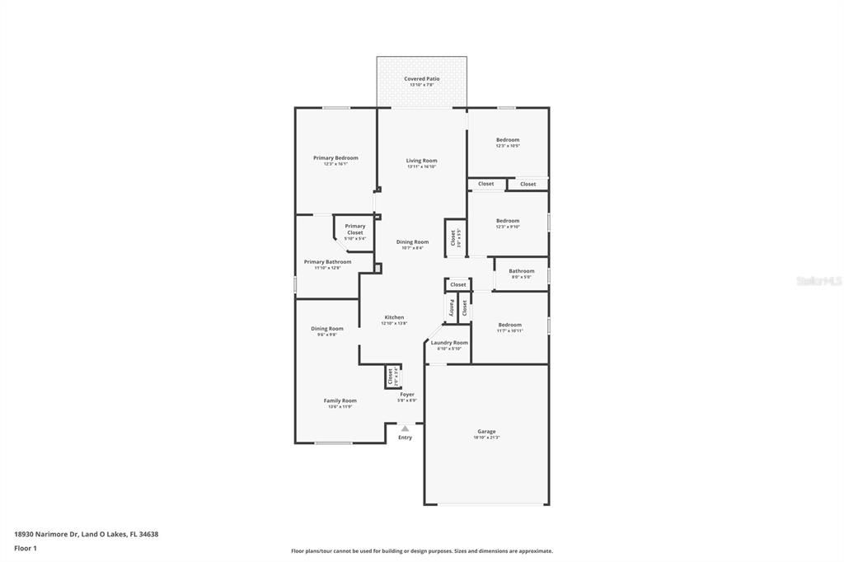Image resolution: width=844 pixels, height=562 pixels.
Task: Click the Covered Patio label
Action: (421, 79)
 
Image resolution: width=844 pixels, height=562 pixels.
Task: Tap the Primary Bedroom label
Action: (335, 158)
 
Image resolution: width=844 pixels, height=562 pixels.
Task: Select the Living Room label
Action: (421, 162)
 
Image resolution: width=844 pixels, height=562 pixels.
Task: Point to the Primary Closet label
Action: (354, 230)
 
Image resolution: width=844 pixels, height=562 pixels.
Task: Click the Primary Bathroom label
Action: (326, 263)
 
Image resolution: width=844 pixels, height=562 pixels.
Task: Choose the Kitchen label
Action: (394, 318)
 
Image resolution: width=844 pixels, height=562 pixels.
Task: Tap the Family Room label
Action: (340, 401)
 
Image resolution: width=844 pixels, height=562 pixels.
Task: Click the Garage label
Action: (486, 432)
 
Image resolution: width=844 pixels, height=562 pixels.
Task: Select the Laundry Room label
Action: (449, 343)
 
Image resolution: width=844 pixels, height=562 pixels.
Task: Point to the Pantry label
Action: (451, 308)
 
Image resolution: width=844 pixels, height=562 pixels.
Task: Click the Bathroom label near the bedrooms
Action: (521, 271)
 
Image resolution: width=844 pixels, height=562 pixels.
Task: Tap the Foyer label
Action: (407, 395)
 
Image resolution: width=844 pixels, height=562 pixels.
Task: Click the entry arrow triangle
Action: (405, 429)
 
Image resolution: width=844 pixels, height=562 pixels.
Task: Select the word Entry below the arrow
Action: (405, 438)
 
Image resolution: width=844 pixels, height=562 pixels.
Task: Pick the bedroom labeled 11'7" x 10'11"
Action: (509, 325)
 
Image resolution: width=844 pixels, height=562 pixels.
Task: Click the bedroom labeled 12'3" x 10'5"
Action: (508, 141)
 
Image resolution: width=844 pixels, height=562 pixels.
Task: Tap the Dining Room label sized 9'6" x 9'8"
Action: (327, 330)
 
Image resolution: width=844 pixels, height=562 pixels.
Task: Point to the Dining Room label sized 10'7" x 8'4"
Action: (412, 243)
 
